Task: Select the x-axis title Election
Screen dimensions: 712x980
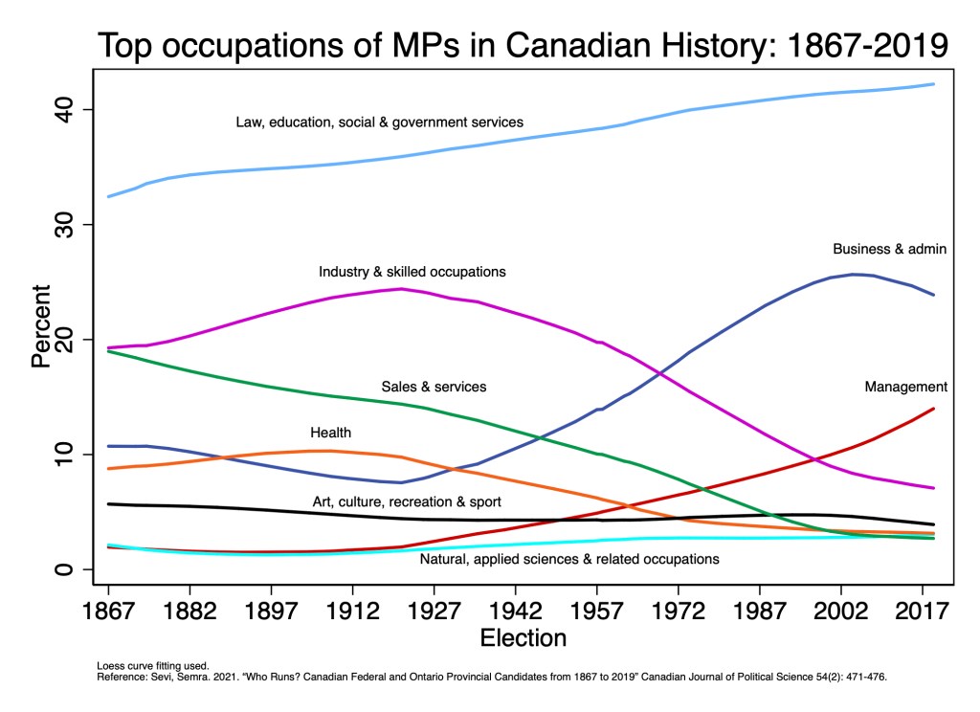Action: (x=523, y=637)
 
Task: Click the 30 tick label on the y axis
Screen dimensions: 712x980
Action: (x=70, y=225)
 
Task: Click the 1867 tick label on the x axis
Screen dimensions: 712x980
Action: (x=108, y=610)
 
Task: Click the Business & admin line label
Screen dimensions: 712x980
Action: (x=889, y=249)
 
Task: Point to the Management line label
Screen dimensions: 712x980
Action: (x=905, y=387)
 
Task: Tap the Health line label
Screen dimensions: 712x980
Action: (x=331, y=433)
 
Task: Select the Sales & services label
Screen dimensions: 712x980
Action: (x=434, y=387)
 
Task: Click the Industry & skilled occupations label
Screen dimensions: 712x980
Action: (x=412, y=272)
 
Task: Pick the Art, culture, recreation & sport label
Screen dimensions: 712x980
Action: (x=407, y=501)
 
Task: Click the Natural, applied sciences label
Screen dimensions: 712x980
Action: (x=569, y=558)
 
